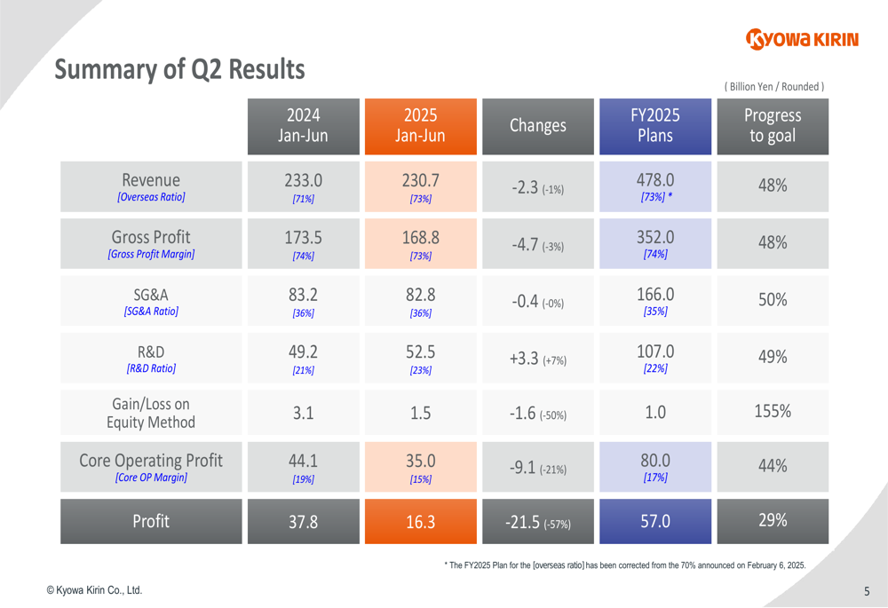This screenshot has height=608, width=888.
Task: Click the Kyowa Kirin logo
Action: click(x=803, y=39)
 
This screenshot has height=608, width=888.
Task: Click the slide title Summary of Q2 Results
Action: click(x=179, y=69)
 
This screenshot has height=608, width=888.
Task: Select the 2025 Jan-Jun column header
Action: click(x=420, y=126)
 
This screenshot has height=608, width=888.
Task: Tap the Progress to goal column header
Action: click(x=772, y=126)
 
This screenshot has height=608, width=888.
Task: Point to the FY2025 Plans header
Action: click(x=654, y=126)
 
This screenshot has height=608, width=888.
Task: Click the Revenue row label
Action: click(x=151, y=186)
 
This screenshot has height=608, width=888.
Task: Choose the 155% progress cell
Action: click(x=772, y=412)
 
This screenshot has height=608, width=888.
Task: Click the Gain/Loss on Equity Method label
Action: click(x=151, y=413)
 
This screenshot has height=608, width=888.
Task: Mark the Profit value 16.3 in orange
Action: click(x=420, y=522)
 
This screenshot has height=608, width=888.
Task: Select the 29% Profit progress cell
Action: click(x=772, y=521)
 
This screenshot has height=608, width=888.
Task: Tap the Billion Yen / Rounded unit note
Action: click(x=774, y=86)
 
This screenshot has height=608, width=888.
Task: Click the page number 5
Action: click(x=866, y=591)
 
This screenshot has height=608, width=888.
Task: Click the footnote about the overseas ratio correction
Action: click(x=624, y=565)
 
